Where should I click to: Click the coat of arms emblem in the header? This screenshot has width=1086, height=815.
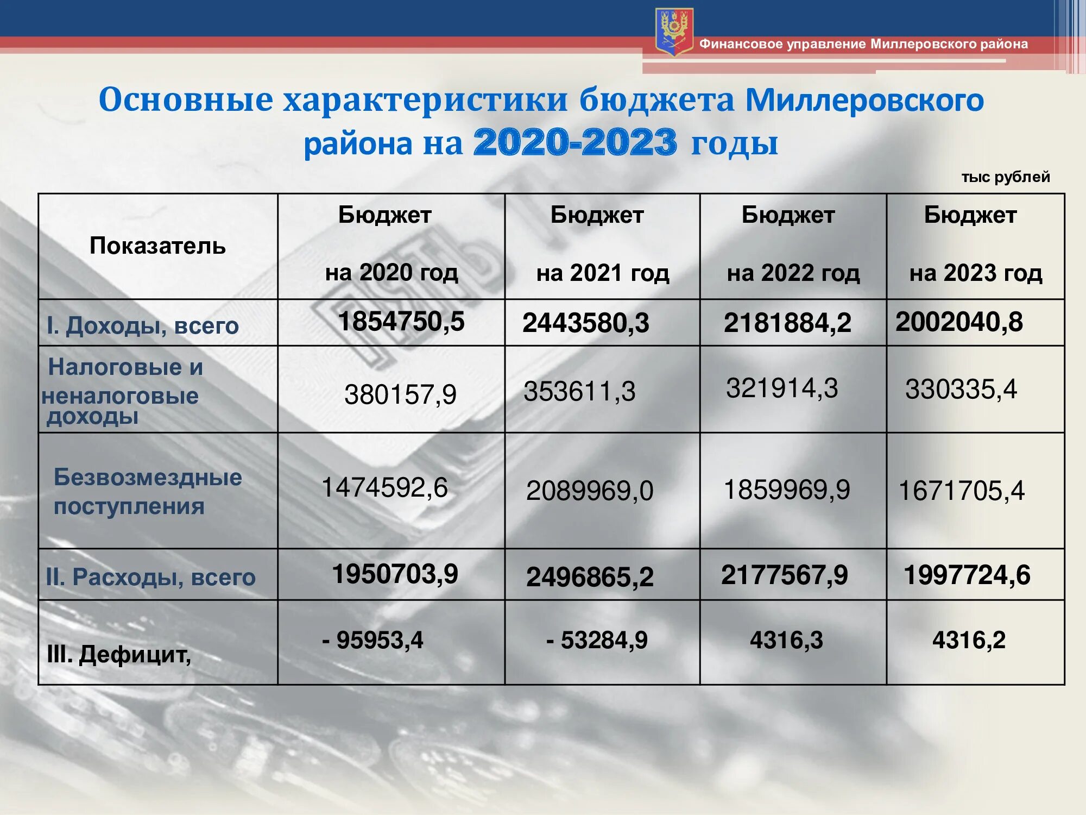click(x=674, y=32)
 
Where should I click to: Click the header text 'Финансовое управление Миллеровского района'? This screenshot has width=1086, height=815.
click(x=863, y=44)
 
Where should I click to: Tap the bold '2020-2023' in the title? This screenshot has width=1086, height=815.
click(x=576, y=143)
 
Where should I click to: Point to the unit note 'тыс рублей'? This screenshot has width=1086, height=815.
click(x=1006, y=177)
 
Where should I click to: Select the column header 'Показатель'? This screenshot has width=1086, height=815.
click(x=157, y=246)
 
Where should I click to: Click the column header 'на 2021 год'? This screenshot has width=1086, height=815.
click(x=603, y=273)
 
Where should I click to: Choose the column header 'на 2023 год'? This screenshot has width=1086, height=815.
click(x=976, y=273)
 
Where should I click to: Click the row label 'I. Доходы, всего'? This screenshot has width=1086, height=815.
click(x=143, y=325)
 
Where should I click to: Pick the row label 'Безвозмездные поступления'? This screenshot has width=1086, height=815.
click(x=148, y=492)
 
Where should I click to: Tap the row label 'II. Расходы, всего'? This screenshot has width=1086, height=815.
click(x=150, y=577)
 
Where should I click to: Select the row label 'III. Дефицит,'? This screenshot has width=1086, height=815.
click(x=119, y=655)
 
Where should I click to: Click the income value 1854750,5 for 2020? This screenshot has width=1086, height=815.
click(x=401, y=321)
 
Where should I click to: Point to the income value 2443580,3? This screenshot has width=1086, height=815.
click(x=586, y=323)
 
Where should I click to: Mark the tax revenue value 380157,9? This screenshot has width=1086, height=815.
click(x=400, y=394)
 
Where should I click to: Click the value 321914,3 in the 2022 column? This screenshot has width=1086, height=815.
click(x=782, y=388)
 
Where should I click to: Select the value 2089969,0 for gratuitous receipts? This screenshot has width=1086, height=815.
click(x=590, y=491)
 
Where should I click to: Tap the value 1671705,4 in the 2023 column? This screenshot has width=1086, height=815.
click(x=962, y=491)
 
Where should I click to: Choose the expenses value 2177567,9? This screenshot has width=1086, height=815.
click(x=784, y=575)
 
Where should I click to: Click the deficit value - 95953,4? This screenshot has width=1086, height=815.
click(x=372, y=640)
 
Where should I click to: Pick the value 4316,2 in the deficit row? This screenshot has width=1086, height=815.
click(x=969, y=640)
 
